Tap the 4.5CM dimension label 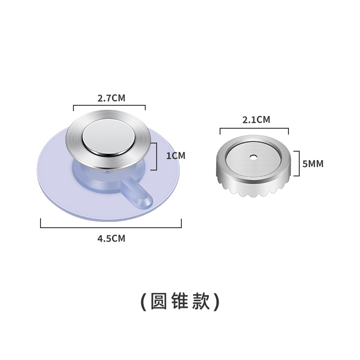[111, 238]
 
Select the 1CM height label [175, 156]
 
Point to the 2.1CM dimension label [256, 120]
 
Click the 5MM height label [313, 164]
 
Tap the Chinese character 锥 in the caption [180, 301]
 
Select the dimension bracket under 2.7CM [109, 107]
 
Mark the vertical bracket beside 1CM [156, 156]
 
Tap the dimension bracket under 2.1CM [254, 129]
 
